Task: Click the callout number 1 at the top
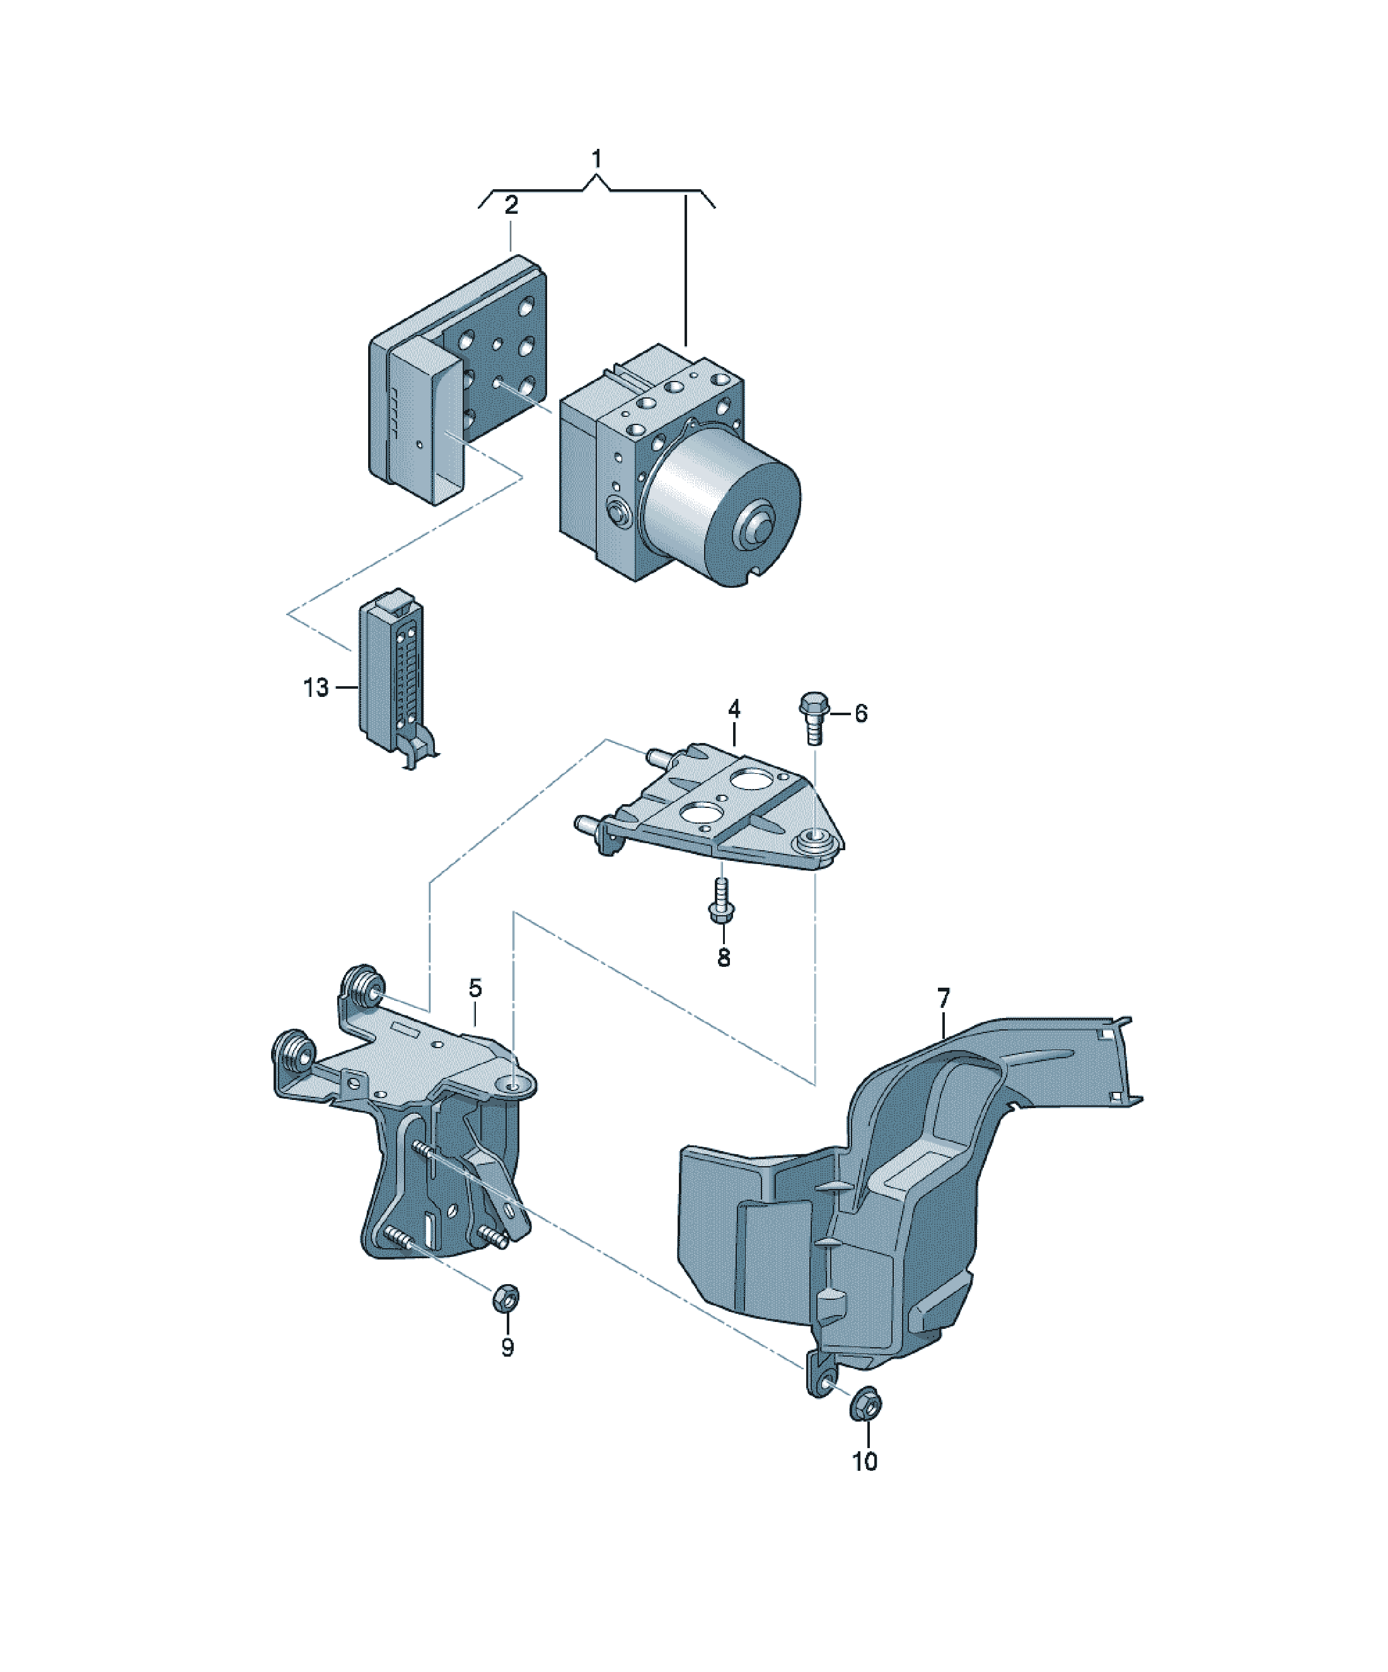coord(596,158)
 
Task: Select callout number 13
coord(316,687)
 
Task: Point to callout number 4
coord(734,709)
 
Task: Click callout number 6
coord(860,713)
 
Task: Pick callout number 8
coord(724,958)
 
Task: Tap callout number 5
coord(475,988)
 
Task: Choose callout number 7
coord(943,998)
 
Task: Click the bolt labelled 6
coord(813,717)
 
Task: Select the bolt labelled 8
coord(721,901)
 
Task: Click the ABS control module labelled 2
coord(457,378)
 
